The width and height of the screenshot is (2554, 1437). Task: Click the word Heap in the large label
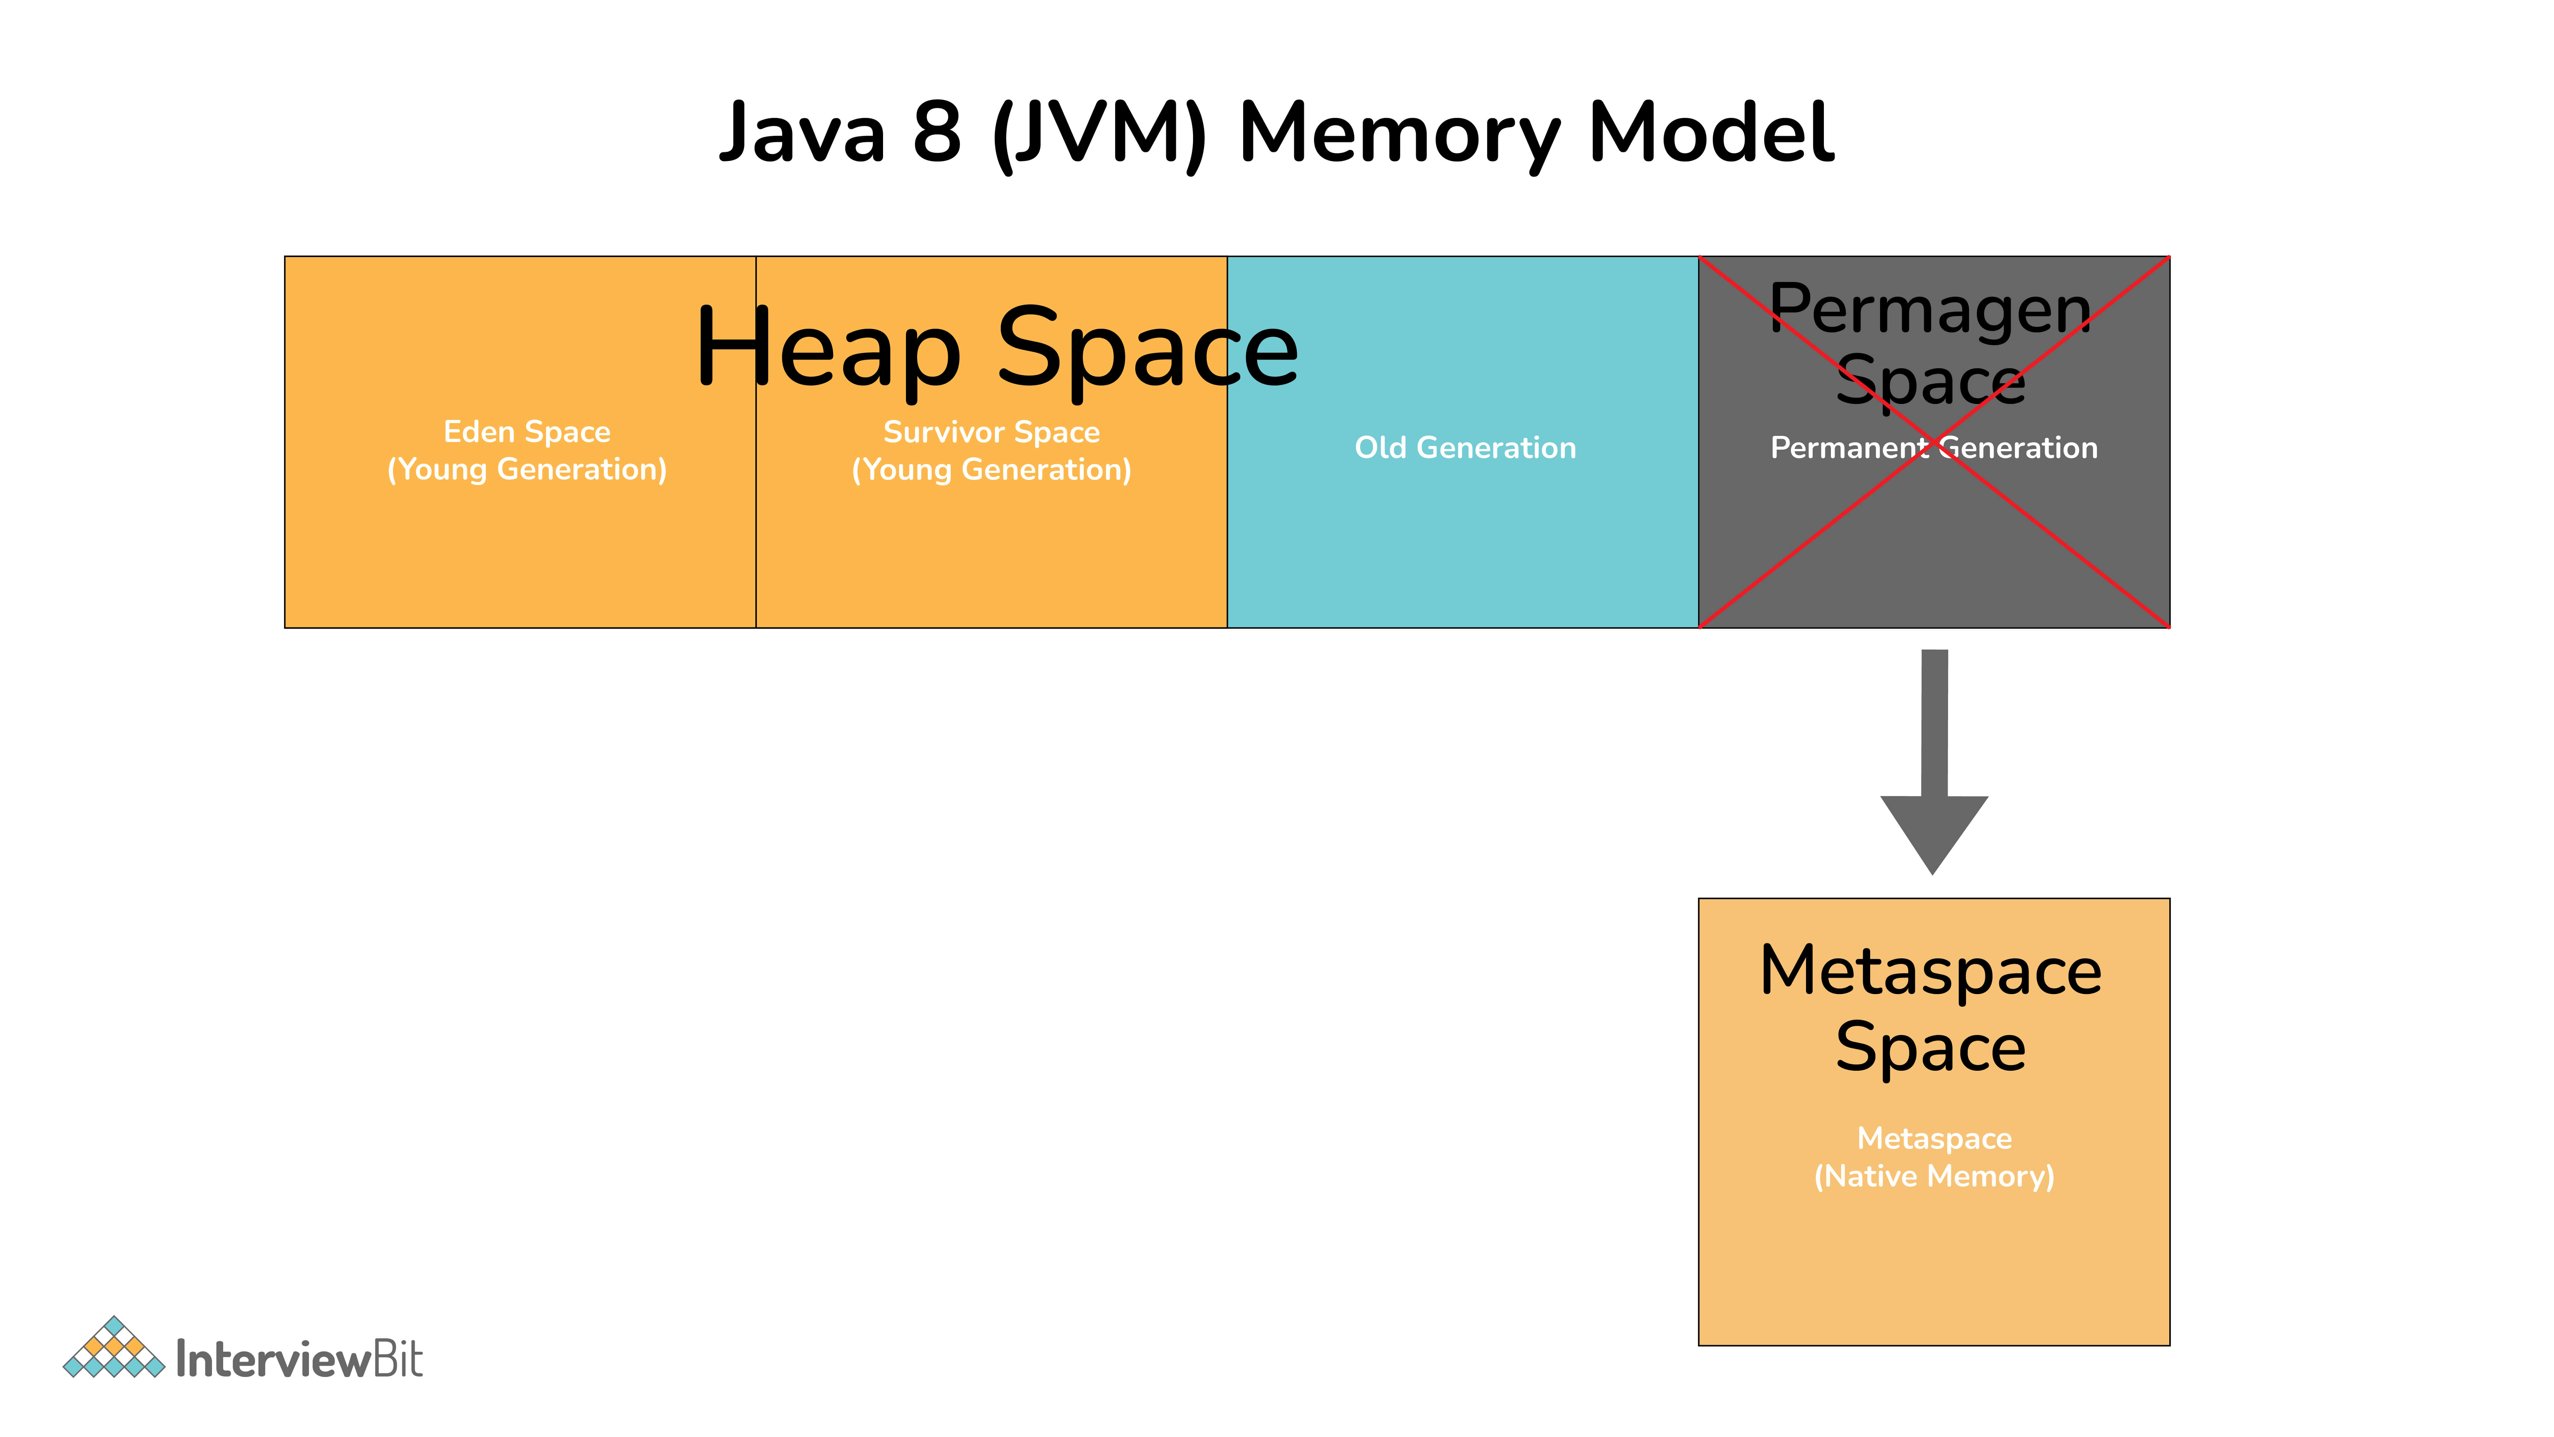(x=828, y=349)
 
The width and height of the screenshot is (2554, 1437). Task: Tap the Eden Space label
(x=526, y=432)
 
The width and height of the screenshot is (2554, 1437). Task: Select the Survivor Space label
(x=992, y=432)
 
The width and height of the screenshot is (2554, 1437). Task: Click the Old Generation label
(x=1465, y=448)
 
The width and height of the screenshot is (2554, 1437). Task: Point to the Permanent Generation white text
(x=1934, y=448)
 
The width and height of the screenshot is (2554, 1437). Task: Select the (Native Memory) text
(x=1934, y=1176)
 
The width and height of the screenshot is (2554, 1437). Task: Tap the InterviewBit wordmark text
(x=299, y=1359)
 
